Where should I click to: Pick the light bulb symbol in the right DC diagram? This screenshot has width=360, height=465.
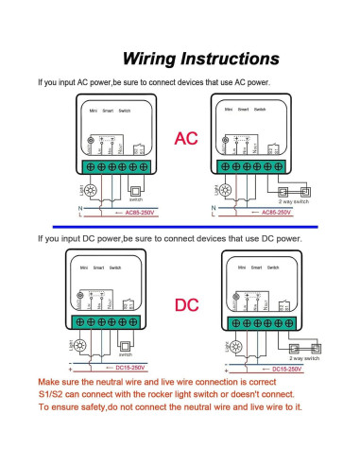click(223, 345)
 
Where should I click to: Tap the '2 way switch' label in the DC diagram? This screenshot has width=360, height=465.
click(304, 359)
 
